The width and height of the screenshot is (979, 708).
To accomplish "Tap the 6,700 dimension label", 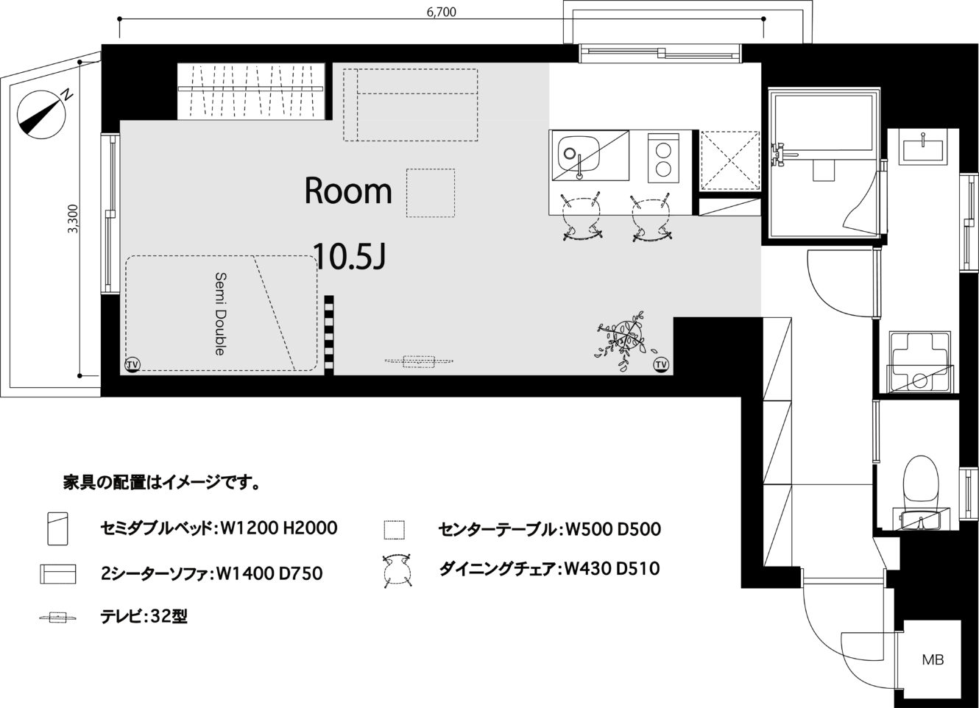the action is [x=442, y=12].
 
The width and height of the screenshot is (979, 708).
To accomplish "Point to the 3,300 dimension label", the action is [x=73, y=219].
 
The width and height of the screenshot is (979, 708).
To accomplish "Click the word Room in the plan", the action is [x=348, y=191].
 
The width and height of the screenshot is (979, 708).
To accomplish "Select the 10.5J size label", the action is [x=350, y=257].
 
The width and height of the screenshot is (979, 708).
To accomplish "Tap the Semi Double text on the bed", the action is [x=221, y=314].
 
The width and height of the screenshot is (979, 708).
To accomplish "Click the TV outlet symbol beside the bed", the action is [x=132, y=364].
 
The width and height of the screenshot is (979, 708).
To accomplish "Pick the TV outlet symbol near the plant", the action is [x=661, y=364].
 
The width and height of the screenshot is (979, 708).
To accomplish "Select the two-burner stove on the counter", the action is [x=664, y=157].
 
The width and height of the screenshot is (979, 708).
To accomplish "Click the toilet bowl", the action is [x=922, y=481].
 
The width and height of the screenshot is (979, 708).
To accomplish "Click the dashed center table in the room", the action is [x=431, y=193].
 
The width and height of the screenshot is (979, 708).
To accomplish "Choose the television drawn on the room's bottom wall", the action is [x=419, y=361].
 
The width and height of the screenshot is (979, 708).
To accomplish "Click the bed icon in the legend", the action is [x=57, y=528].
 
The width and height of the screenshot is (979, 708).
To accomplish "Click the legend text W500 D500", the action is [x=613, y=529].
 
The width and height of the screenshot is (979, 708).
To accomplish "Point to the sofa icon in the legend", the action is [x=57, y=574].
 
